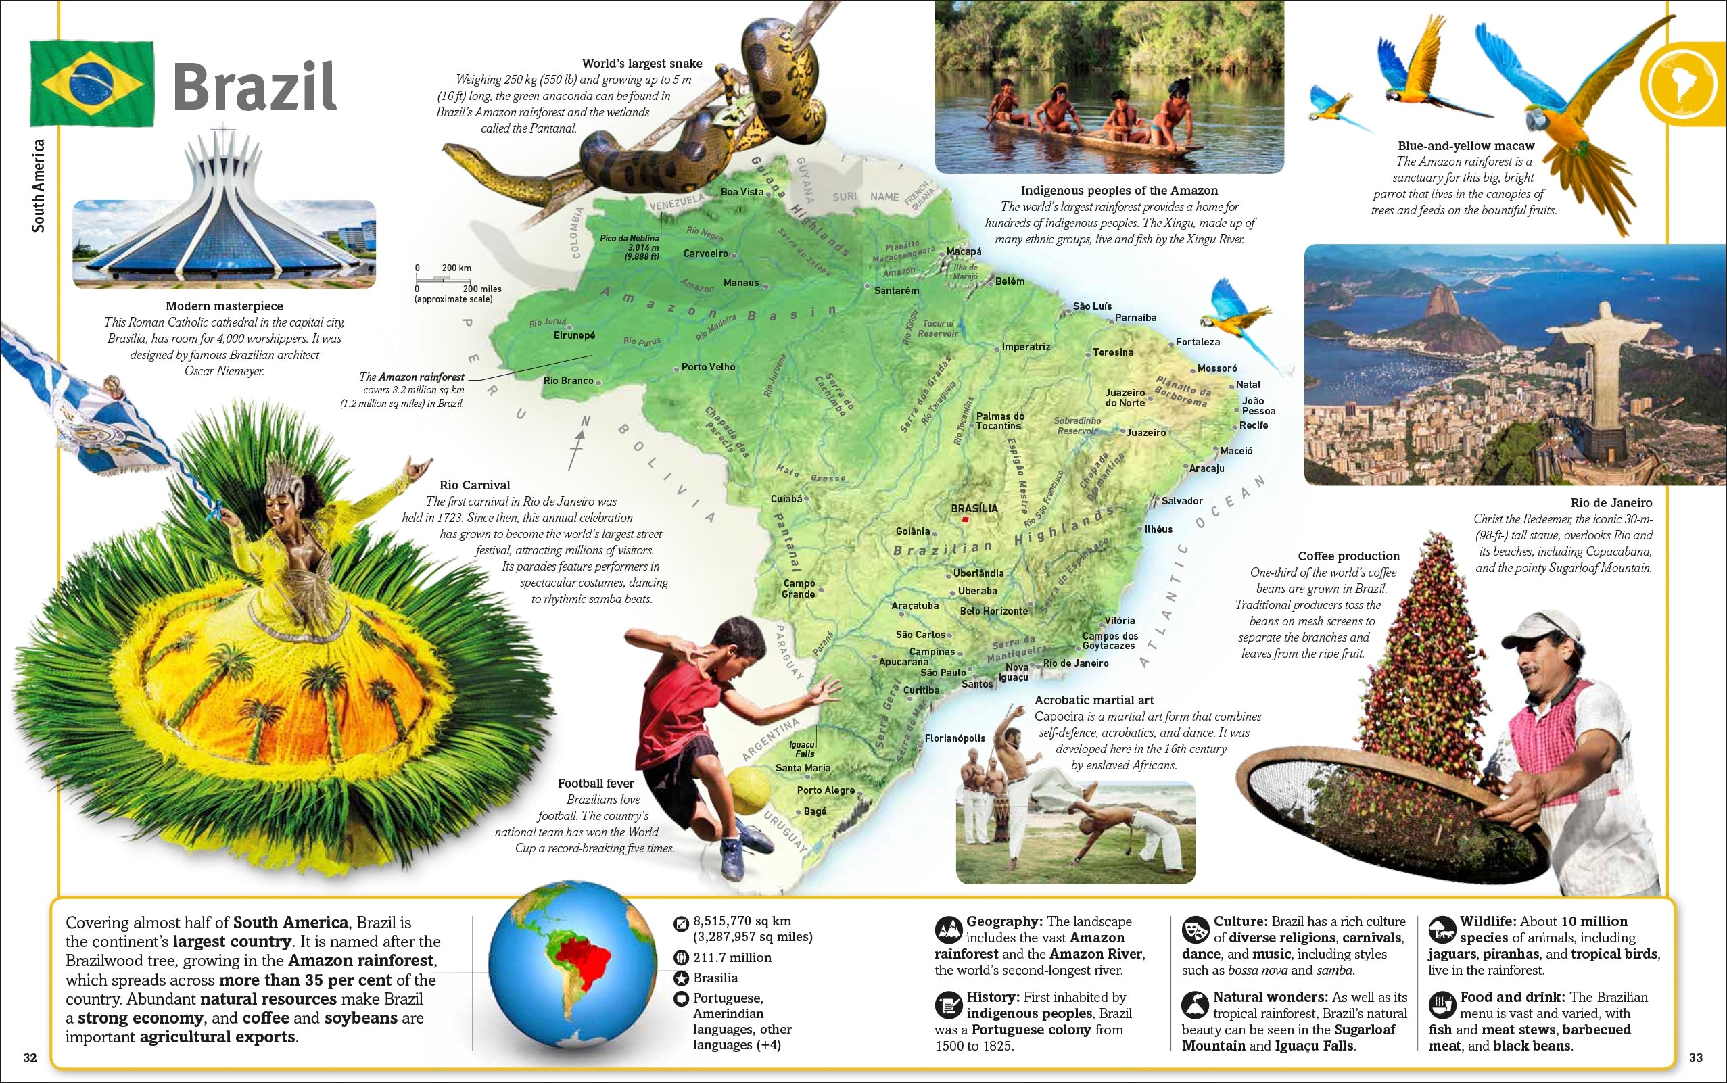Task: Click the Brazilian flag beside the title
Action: (x=92, y=84)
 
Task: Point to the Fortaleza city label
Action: (x=1197, y=342)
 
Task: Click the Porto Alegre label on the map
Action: (x=825, y=790)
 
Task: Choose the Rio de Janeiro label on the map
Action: (x=1075, y=663)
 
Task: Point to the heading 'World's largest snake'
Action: (x=642, y=64)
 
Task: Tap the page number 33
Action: (x=1695, y=1058)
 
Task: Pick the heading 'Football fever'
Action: (x=596, y=784)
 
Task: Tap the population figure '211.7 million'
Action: (x=732, y=958)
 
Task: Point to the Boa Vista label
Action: (x=742, y=192)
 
